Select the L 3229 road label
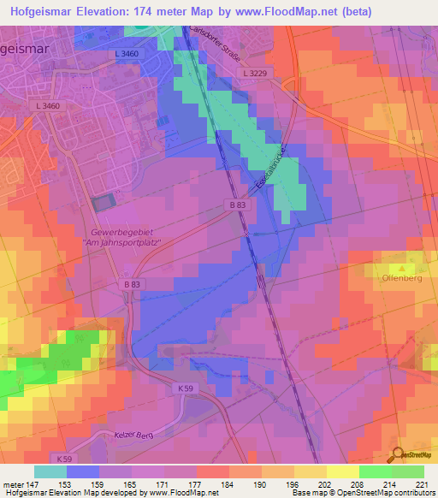(256, 74)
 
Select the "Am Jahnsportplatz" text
(122, 243)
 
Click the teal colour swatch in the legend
(50, 471)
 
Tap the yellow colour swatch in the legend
(342, 471)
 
